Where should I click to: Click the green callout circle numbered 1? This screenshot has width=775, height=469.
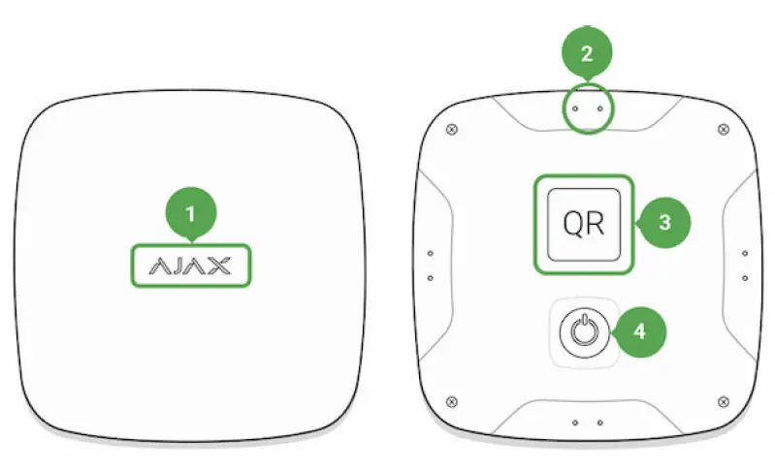[190, 210]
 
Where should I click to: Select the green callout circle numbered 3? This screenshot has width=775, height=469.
[663, 222]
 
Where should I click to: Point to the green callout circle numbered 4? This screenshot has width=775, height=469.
[639, 331]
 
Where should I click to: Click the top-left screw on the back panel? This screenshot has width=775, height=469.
[450, 129]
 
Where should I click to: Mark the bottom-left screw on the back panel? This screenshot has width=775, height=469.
[450, 400]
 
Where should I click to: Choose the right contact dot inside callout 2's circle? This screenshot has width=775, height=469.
[598, 109]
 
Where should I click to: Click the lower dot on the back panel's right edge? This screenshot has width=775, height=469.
[744, 277]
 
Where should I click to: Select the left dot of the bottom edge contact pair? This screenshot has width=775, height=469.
[575, 423]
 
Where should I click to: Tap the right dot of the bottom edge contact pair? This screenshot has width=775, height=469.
[599, 423]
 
